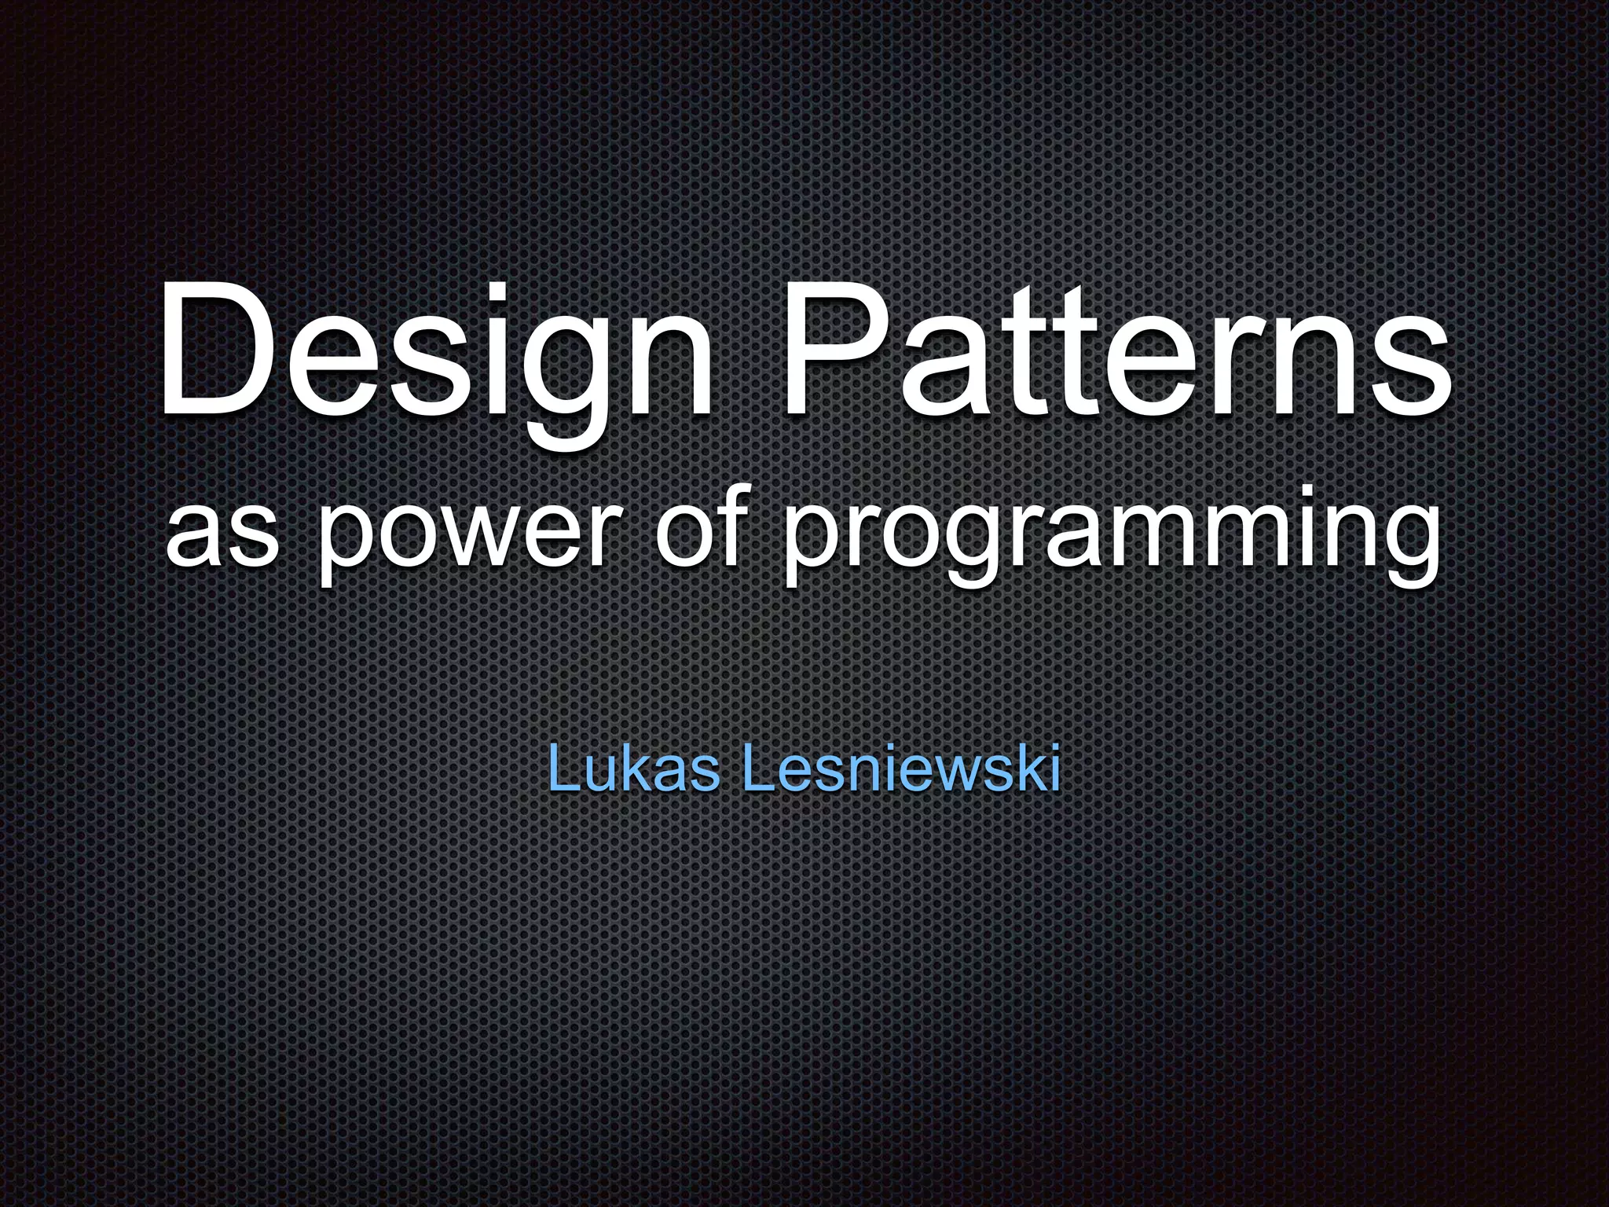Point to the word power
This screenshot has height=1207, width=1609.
click(x=463, y=534)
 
